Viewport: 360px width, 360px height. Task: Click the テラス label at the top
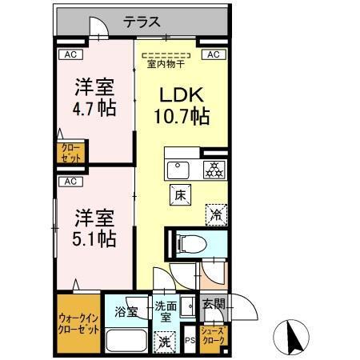coord(142,22)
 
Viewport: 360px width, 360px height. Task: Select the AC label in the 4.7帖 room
coord(70,54)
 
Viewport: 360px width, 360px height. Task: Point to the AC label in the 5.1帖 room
coord(70,182)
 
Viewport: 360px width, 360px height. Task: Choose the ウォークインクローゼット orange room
coord(78,324)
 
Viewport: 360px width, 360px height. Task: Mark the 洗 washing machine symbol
coord(163,342)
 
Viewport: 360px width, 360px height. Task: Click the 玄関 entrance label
coord(213,304)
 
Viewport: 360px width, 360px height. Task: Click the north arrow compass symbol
coord(293,336)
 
